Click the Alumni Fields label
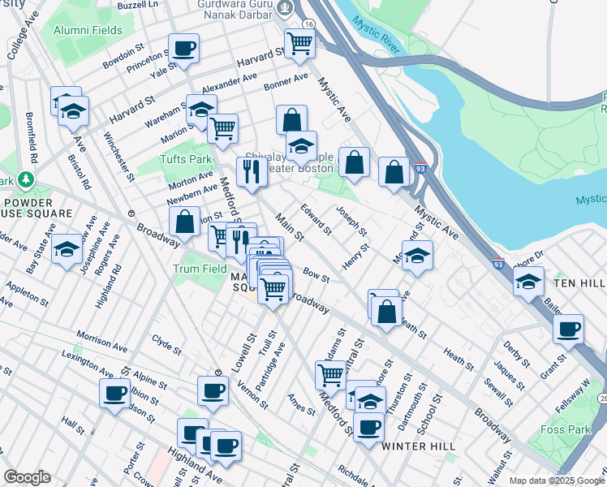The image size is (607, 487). coord(88,31)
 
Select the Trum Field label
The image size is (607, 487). coord(199,269)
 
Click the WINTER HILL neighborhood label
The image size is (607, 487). coord(410,447)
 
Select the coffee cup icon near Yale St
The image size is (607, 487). coord(183,48)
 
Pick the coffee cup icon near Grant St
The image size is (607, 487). coord(569,329)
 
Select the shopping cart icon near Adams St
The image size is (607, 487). coord(330,375)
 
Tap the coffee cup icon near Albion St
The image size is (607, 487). coord(114,393)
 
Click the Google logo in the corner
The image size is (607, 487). coord(27,477)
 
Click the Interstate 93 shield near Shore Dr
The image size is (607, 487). coord(497,264)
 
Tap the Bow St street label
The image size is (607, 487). coord(316,277)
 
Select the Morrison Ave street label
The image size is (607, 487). coord(101,340)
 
